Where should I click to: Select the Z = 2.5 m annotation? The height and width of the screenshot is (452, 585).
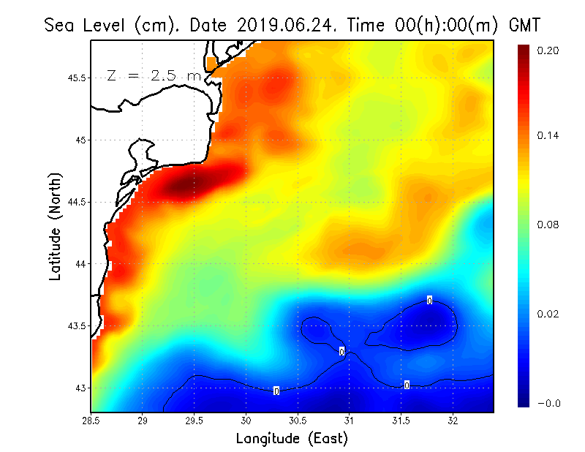click(154, 75)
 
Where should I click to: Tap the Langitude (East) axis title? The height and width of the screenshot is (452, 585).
click(292, 439)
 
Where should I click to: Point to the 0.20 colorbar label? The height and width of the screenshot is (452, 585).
click(548, 50)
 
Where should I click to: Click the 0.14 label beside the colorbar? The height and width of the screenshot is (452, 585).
click(548, 136)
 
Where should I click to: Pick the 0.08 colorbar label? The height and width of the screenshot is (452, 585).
click(548, 225)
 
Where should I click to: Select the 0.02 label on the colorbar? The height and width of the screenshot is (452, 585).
click(548, 314)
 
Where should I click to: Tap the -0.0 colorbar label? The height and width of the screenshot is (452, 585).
click(548, 403)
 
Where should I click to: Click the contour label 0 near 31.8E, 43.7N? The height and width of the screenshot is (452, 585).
click(429, 300)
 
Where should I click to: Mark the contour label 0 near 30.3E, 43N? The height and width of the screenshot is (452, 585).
click(276, 391)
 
